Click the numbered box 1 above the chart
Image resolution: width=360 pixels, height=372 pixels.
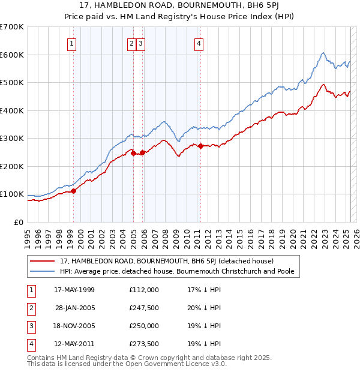coord(71,43)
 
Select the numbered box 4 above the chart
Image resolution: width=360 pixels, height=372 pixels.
coord(198,43)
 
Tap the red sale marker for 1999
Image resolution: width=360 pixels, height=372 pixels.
coord(74,191)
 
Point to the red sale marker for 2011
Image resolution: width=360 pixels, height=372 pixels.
coord(200,146)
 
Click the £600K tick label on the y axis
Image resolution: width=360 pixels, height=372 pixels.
coord(12,55)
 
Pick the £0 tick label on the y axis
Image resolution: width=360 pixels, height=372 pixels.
coord(19,222)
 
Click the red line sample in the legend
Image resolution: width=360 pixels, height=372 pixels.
coord(42,261)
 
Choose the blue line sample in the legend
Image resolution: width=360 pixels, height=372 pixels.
coord(42,271)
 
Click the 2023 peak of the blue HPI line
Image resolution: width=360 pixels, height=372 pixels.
coord(323,53)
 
